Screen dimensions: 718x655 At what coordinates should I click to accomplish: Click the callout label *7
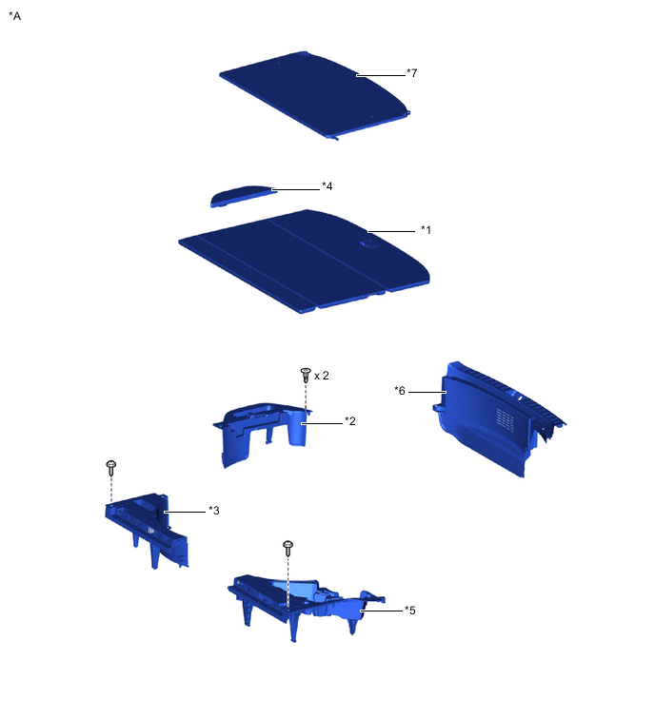(x=411, y=73)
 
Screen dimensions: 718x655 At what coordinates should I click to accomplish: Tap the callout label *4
(x=327, y=185)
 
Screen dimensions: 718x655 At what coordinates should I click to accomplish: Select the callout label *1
(x=426, y=229)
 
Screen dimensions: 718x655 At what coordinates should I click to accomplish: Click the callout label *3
(x=214, y=511)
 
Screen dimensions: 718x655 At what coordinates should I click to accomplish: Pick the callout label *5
(x=409, y=610)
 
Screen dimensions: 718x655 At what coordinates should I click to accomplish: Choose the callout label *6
(x=400, y=390)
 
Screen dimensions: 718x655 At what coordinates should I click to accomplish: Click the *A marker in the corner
(x=14, y=16)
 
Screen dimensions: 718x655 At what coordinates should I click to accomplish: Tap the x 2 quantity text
(x=322, y=376)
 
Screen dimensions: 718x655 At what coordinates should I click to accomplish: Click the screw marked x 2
(x=306, y=373)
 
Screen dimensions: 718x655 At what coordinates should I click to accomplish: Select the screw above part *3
(x=111, y=467)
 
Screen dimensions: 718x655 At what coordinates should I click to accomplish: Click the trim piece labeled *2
(x=267, y=433)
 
